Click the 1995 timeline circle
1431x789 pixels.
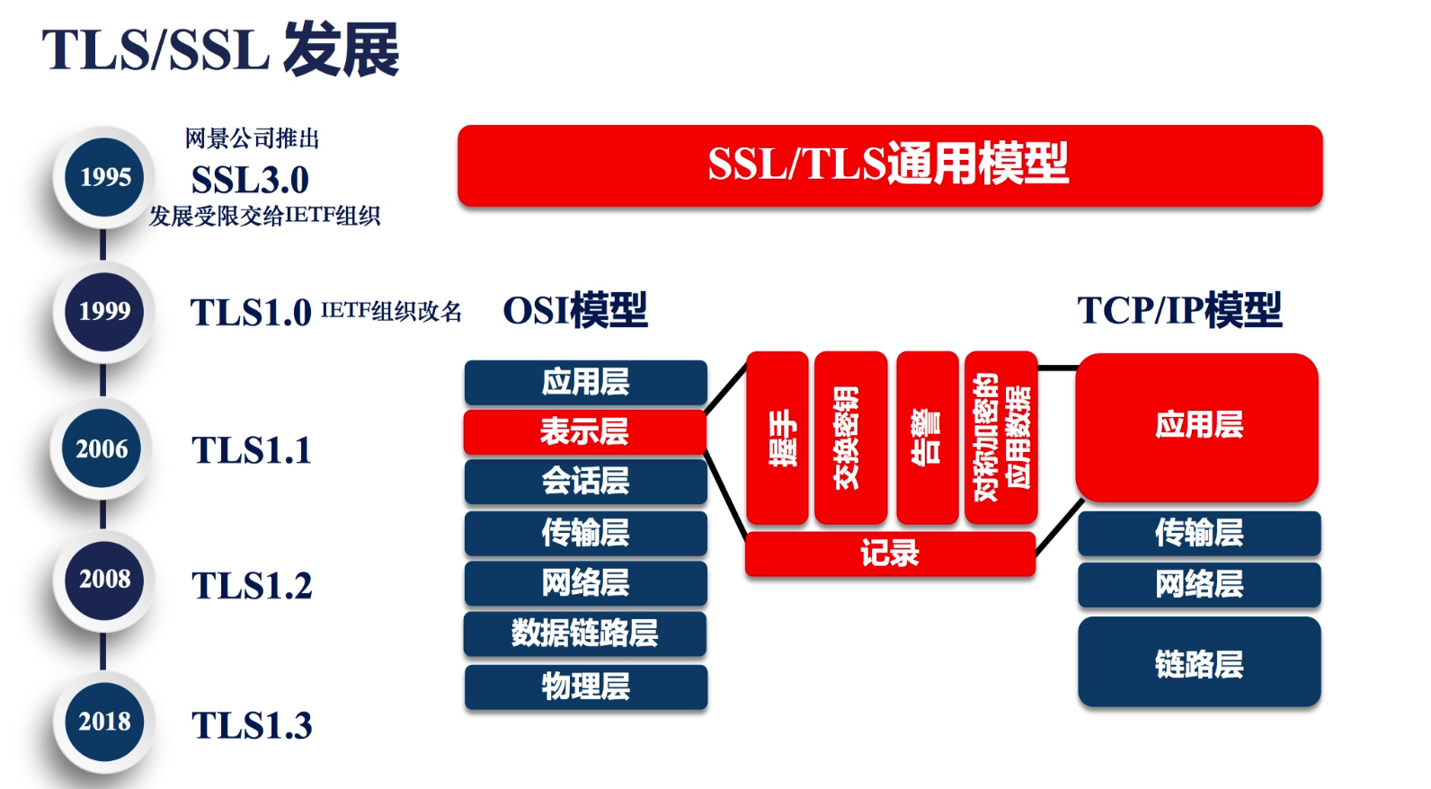(104, 177)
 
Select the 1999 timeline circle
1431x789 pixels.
(104, 311)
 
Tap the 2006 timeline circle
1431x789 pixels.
(102, 448)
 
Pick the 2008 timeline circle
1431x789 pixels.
(104, 580)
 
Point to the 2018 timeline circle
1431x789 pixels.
(104, 722)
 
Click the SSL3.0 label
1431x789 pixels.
(250, 180)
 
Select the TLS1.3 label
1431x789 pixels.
(252, 725)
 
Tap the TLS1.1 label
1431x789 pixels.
(252, 450)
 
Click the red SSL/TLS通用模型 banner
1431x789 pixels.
(889, 165)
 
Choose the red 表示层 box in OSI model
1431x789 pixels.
(584, 431)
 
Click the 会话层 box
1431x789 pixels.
(585, 481)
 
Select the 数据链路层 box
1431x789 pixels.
(584, 634)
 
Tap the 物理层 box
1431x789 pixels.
(585, 687)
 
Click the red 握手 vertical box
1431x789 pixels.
(778, 438)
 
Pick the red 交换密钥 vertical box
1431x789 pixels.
(849, 438)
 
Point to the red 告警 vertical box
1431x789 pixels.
(927, 438)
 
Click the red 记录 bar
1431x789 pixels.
(889, 554)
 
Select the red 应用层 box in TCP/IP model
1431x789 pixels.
(1197, 426)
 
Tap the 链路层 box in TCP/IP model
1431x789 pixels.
(1199, 662)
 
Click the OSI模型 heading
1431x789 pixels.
(575, 311)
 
